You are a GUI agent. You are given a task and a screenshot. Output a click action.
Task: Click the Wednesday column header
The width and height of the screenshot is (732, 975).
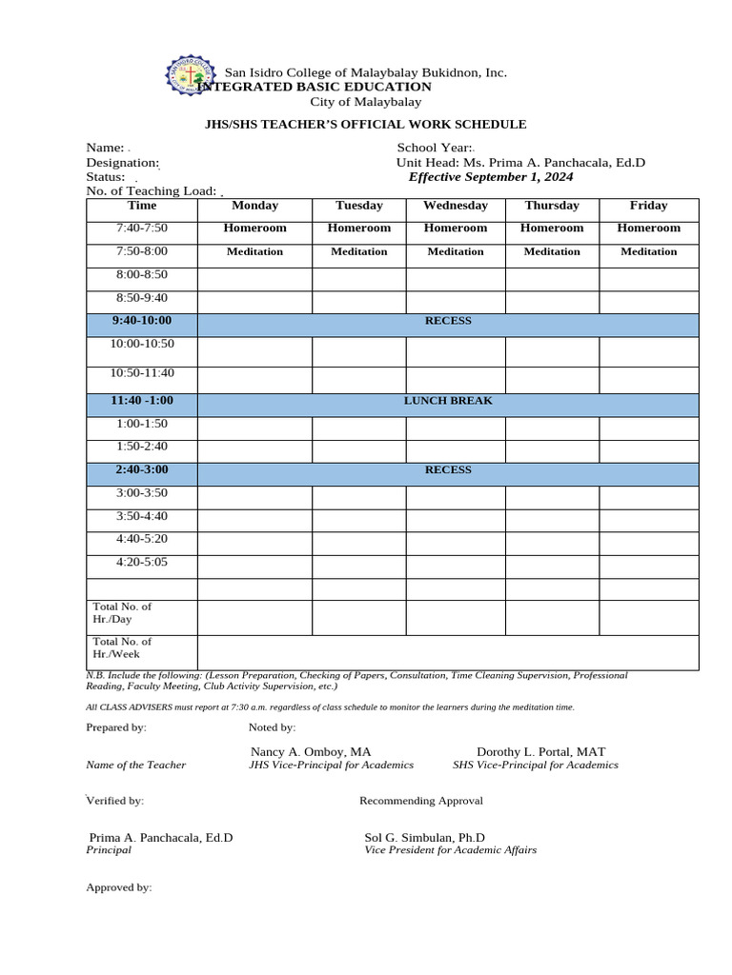click(x=455, y=206)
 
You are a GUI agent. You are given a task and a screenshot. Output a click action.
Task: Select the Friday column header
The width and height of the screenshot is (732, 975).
click(x=648, y=206)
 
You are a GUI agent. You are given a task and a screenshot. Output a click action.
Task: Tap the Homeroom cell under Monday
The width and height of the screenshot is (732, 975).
click(x=254, y=229)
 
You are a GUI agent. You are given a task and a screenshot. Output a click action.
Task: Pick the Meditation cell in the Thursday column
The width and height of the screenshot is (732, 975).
click(x=551, y=252)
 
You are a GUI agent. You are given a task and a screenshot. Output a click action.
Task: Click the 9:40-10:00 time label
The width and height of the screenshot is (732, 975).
click(x=141, y=321)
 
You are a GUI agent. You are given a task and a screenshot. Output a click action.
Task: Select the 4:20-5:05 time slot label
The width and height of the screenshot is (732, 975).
click(x=141, y=563)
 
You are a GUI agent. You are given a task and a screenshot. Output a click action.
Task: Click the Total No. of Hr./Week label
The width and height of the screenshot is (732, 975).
click(x=122, y=648)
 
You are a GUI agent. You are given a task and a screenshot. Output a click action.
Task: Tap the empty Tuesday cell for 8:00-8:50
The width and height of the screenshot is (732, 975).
click(x=358, y=278)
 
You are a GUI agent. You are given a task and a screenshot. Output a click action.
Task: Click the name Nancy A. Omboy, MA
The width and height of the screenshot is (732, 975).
click(x=311, y=751)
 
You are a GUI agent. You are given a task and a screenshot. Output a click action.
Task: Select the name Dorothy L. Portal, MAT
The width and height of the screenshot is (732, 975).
click(x=540, y=751)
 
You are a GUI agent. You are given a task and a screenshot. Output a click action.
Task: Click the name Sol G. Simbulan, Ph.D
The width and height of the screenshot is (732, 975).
click(x=424, y=837)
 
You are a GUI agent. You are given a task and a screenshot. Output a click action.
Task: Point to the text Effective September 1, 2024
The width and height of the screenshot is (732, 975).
click(x=491, y=177)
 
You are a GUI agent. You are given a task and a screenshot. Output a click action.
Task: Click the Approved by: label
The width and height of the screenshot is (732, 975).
click(x=119, y=887)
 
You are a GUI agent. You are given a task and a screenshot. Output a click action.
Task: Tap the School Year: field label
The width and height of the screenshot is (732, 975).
click(x=434, y=148)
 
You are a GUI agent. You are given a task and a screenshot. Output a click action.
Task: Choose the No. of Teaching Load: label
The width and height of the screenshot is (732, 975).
click(x=152, y=191)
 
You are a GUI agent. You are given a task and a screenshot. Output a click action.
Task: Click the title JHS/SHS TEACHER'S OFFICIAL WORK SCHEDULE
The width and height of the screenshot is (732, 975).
click(x=366, y=125)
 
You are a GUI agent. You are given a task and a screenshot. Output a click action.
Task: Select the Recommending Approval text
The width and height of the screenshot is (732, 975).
click(x=421, y=801)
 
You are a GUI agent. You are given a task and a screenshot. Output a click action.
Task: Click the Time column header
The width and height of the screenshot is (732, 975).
click(x=141, y=206)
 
